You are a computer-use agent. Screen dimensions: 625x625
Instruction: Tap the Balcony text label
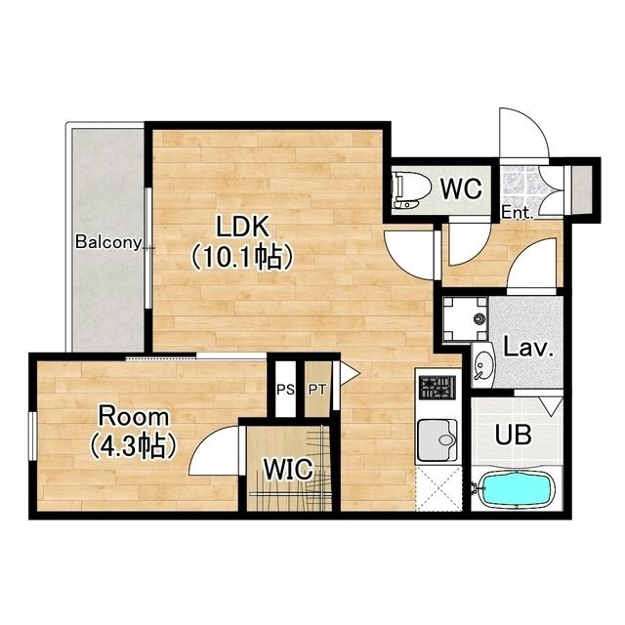point(108,242)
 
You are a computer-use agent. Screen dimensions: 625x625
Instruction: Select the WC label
point(461,188)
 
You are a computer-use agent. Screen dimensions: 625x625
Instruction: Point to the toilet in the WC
point(410,190)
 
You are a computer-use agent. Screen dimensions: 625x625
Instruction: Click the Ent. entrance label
point(517,213)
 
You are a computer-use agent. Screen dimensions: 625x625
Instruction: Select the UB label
point(513,435)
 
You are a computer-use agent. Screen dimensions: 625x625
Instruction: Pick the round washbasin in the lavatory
point(483,364)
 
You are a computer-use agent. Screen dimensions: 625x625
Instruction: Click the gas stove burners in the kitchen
point(437,388)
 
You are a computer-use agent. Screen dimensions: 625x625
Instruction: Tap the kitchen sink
point(437,440)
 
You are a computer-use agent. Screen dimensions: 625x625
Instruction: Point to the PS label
point(286,390)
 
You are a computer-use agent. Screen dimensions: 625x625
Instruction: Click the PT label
point(317,390)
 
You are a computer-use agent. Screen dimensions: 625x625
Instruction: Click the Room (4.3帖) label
point(133,432)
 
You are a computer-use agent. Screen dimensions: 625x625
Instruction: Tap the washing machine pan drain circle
point(479,319)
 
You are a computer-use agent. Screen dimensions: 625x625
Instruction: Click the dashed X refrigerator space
point(438,488)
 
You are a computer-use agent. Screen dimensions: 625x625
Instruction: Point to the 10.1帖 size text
point(242,257)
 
